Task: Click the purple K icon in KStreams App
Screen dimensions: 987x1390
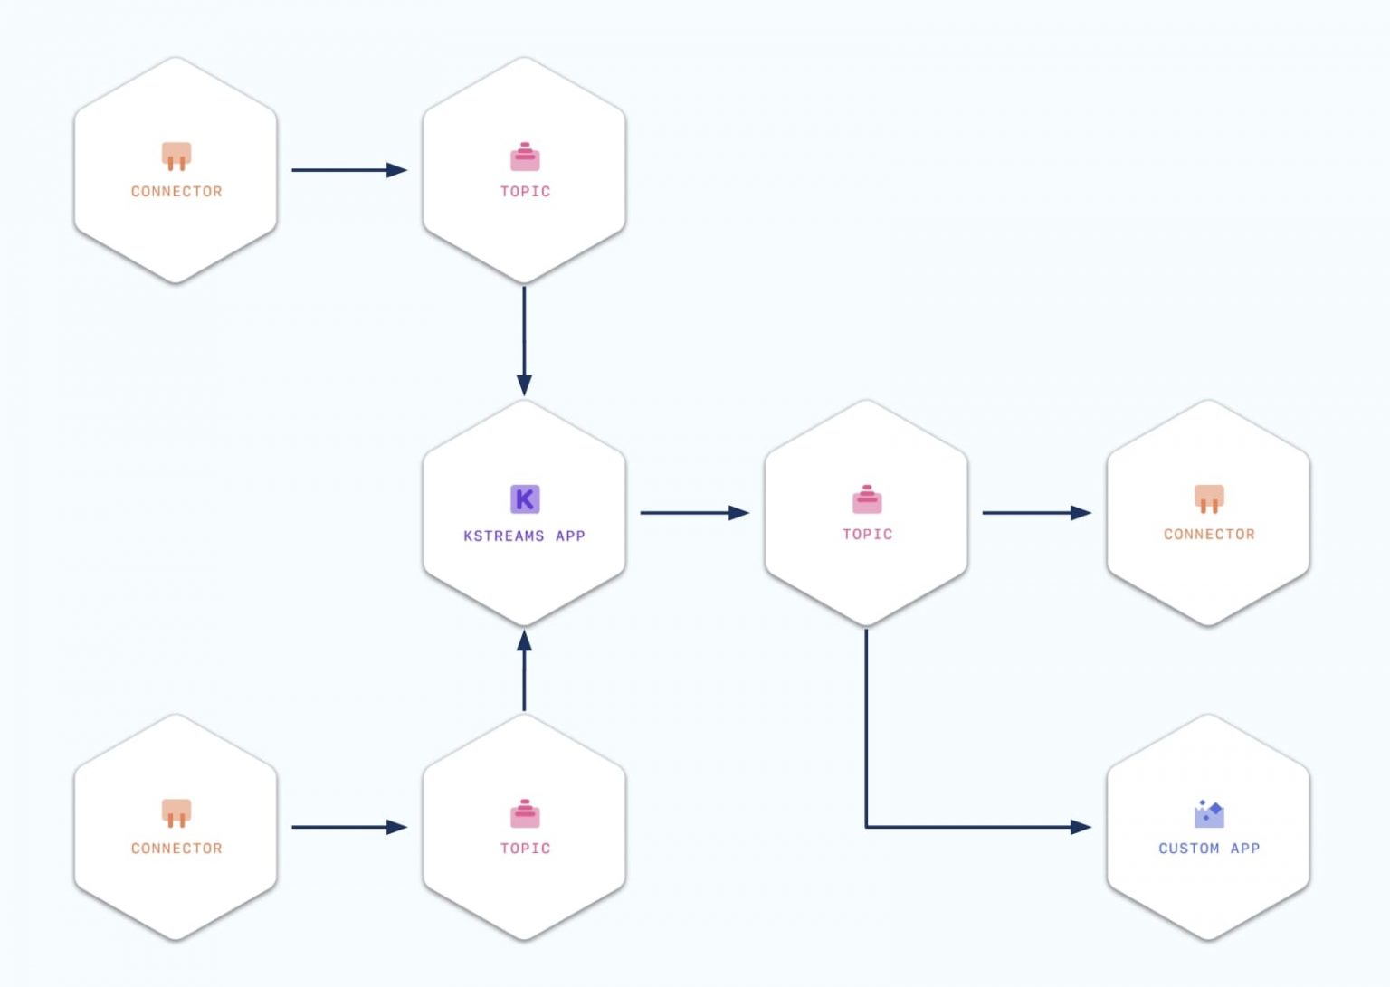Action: tap(525, 498)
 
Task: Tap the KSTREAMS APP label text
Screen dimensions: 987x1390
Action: tap(524, 536)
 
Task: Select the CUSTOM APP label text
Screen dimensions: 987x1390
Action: tap(1209, 849)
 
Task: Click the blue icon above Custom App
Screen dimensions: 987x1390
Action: tap(1209, 813)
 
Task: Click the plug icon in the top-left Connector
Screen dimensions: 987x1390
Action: tap(176, 156)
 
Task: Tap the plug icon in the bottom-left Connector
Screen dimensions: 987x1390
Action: tap(176, 812)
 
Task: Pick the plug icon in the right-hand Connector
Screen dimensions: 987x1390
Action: tap(1209, 498)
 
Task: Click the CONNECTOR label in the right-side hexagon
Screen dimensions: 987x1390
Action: tap(1209, 535)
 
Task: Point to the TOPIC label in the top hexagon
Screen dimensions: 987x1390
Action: tap(525, 192)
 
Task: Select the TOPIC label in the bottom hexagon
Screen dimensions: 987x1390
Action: tap(525, 849)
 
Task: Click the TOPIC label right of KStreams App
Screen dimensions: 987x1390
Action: tap(867, 535)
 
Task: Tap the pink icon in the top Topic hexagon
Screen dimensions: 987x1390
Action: tap(525, 157)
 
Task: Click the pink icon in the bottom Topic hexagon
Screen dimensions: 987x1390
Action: tap(525, 814)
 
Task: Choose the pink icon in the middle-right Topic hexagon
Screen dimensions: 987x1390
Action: tap(867, 499)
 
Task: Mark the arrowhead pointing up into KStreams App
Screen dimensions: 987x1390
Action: tap(524, 641)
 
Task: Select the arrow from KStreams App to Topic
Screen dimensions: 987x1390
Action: tap(693, 513)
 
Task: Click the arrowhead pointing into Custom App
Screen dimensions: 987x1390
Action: tap(1080, 827)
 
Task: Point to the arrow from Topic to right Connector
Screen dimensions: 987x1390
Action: tap(1035, 513)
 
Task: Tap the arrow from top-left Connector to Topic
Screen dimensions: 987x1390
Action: tap(348, 170)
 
